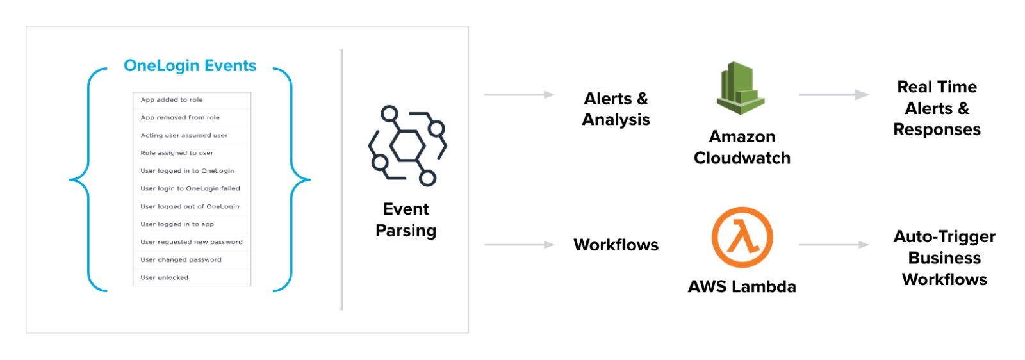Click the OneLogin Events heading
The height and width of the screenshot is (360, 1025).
tap(190, 66)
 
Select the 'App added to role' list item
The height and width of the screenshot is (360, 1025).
tap(172, 100)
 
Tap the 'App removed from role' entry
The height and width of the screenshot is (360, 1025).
tap(180, 118)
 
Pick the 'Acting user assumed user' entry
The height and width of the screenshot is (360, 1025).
tap(184, 136)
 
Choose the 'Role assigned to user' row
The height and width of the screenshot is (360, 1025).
tap(177, 153)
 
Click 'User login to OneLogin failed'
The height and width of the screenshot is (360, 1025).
tap(190, 189)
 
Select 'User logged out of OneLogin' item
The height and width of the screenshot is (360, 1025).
tap(190, 207)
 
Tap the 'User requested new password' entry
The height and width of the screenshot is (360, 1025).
tap(192, 242)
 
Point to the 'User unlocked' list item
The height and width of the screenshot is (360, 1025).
tap(165, 278)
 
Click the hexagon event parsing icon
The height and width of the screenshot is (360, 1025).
tap(407, 146)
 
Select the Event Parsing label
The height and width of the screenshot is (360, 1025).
tap(406, 220)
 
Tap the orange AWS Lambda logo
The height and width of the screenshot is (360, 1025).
tap(742, 237)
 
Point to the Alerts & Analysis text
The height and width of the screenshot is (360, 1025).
tap(616, 109)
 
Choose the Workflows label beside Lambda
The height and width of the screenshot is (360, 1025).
tap(616, 245)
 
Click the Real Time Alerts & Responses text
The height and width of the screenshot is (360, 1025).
tap(937, 108)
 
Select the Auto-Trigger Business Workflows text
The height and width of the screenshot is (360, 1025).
tap(944, 258)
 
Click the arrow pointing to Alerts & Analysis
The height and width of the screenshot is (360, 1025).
tap(519, 95)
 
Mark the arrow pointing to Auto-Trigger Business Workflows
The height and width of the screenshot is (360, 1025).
tap(833, 245)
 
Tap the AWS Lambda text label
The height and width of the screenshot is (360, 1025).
tap(742, 286)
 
